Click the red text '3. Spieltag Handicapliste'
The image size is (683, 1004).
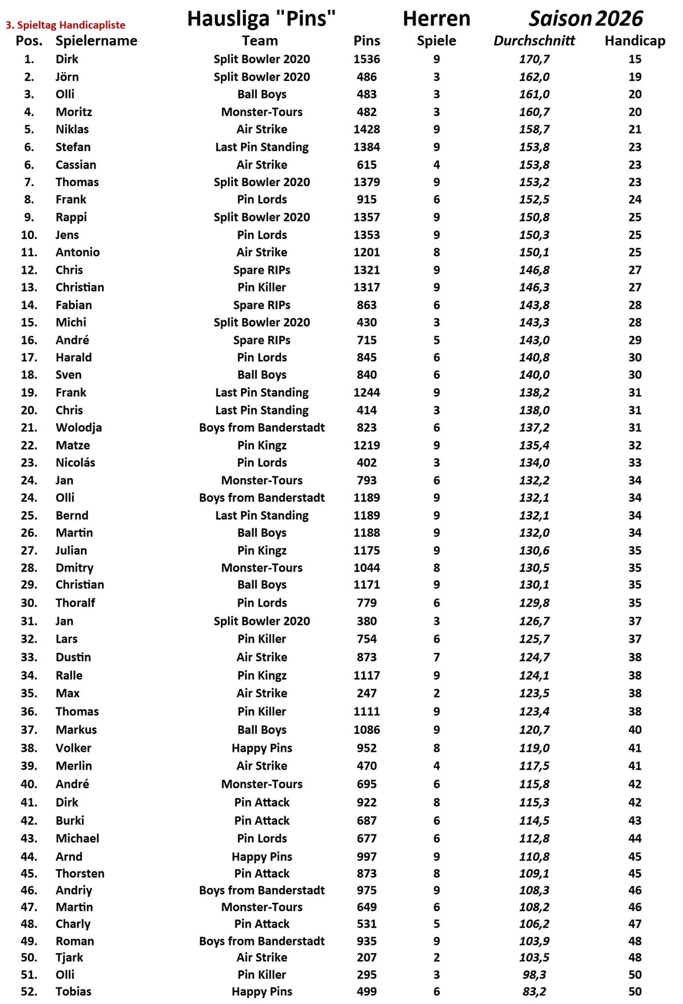point(65,25)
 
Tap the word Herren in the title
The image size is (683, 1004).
point(437,19)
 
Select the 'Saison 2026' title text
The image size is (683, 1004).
point(586,19)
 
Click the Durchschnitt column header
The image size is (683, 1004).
point(534,41)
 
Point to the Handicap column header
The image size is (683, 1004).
point(635,41)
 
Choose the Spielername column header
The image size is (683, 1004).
point(96,41)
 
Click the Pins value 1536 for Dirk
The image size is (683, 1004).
point(367,59)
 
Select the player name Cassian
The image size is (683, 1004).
point(76,165)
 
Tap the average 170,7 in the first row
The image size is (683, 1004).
point(534,59)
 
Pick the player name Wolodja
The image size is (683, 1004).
point(79,427)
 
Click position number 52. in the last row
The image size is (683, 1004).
point(29,991)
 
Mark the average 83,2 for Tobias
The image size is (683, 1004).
point(534,991)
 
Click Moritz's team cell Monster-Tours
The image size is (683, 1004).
point(262,112)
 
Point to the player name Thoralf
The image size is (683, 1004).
point(75,603)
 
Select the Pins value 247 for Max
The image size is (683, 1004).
point(367,693)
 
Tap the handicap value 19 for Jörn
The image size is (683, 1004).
point(635,77)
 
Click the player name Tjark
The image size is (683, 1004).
point(69,957)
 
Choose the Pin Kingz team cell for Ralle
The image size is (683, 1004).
point(262,676)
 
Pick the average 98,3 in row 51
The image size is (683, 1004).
point(534,974)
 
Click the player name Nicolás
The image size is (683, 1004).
point(75,463)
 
